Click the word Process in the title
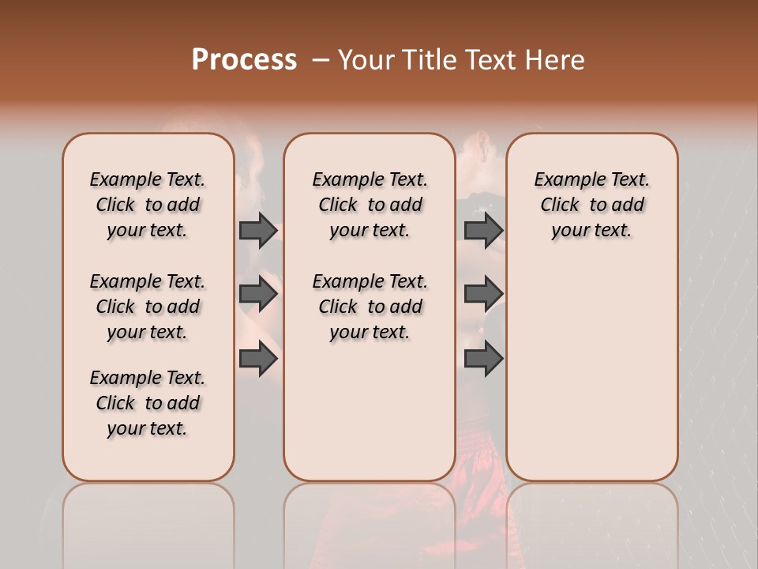pos(244,59)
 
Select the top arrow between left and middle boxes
pos(258,230)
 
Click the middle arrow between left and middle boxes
pos(258,294)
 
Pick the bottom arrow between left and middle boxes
pos(258,358)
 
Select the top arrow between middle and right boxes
pos(483,230)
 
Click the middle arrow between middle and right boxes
pos(483,294)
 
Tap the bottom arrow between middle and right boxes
pos(483,358)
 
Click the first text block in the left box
pos(148,205)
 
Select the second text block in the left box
pos(148,307)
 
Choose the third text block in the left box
pos(148,403)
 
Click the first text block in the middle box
pos(370,205)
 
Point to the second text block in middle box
pos(370,307)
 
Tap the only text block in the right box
pos(592,205)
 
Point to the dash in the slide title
pos(321,59)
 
